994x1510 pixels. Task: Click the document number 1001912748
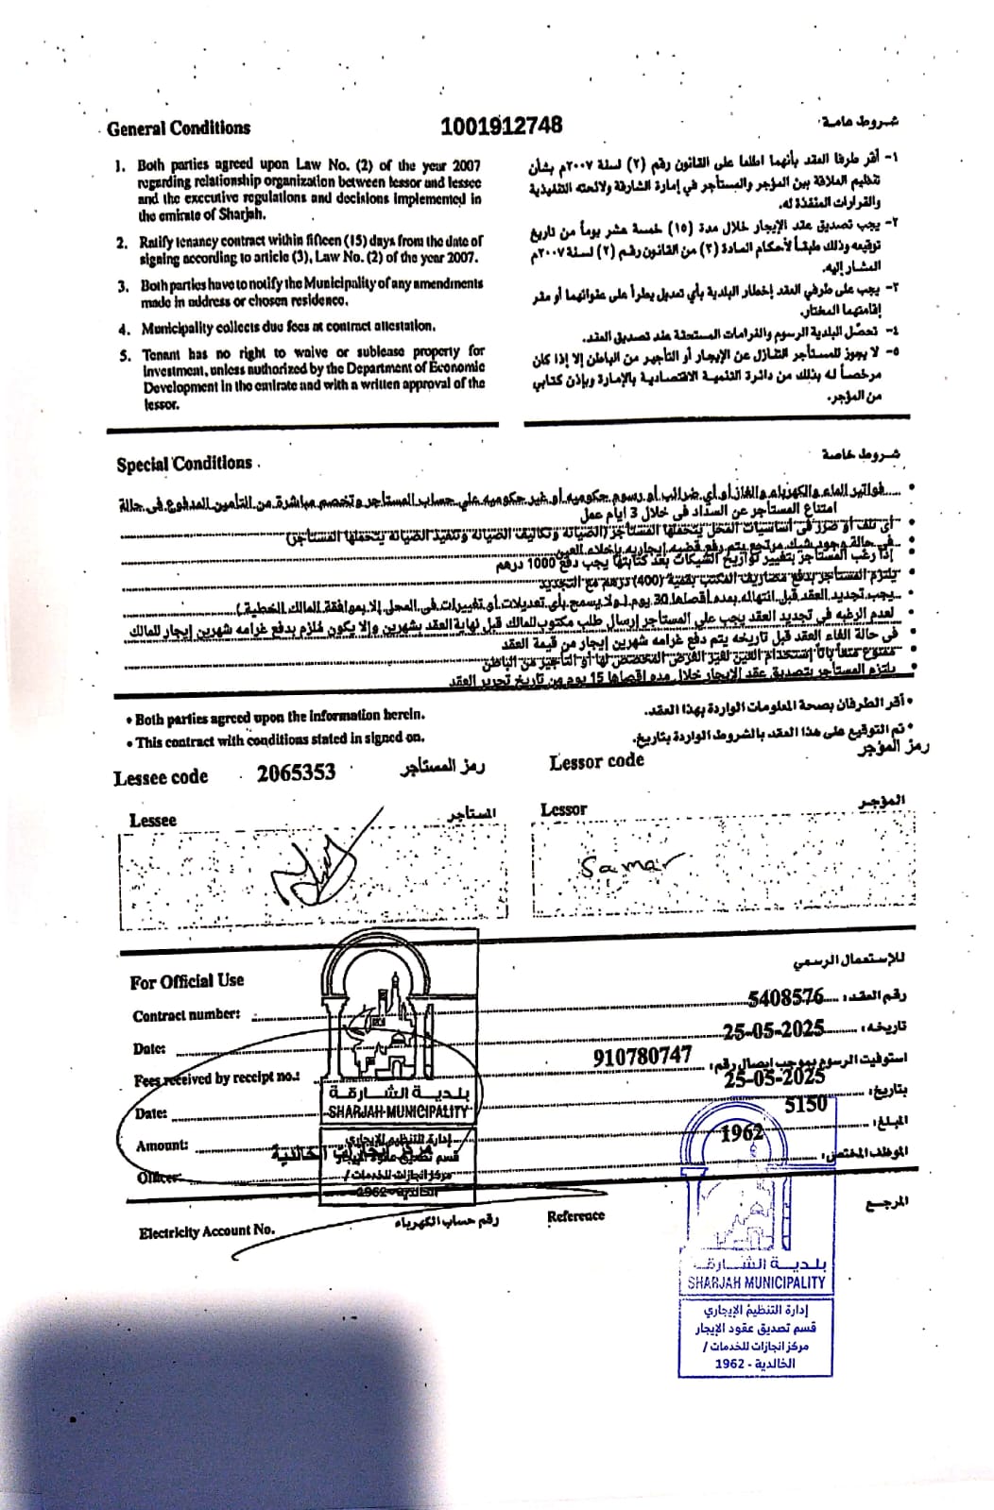click(x=501, y=125)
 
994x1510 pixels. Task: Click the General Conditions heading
click(x=179, y=128)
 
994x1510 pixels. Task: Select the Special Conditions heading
click(x=184, y=464)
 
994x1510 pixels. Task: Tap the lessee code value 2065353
click(x=296, y=772)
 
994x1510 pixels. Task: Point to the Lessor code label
click(x=596, y=761)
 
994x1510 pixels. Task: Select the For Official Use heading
click(x=187, y=981)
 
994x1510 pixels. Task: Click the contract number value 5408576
click(x=785, y=997)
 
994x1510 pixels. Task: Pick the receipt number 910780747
click(x=643, y=1056)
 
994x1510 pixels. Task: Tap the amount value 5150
click(x=805, y=1104)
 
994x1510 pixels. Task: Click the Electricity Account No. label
click(x=207, y=1231)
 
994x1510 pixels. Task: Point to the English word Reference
click(x=575, y=1216)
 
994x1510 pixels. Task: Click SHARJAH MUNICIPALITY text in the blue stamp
click(x=756, y=1282)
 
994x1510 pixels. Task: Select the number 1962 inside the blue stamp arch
click(x=742, y=1133)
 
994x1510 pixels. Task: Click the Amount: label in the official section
click(x=162, y=1145)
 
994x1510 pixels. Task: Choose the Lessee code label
click(x=161, y=777)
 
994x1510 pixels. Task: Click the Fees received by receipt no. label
click(x=216, y=1078)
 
